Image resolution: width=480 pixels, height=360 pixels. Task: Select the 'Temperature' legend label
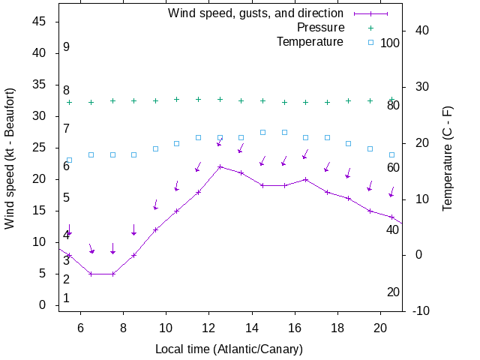[x=310, y=42]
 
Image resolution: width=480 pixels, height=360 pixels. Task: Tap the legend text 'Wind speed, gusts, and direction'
[x=255, y=13]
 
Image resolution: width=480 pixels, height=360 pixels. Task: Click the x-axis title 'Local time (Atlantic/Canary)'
[x=229, y=349]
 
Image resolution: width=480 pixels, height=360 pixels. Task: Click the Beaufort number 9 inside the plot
[x=66, y=47]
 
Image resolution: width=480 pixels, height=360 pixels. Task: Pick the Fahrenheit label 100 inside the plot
[x=390, y=43]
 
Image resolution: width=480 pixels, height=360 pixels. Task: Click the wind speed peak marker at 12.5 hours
[x=220, y=166]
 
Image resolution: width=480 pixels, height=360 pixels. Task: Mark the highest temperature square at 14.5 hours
[x=262, y=132]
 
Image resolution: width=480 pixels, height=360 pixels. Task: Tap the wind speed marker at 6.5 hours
[x=91, y=274]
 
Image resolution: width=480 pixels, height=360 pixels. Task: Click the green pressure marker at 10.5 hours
[x=177, y=99]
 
